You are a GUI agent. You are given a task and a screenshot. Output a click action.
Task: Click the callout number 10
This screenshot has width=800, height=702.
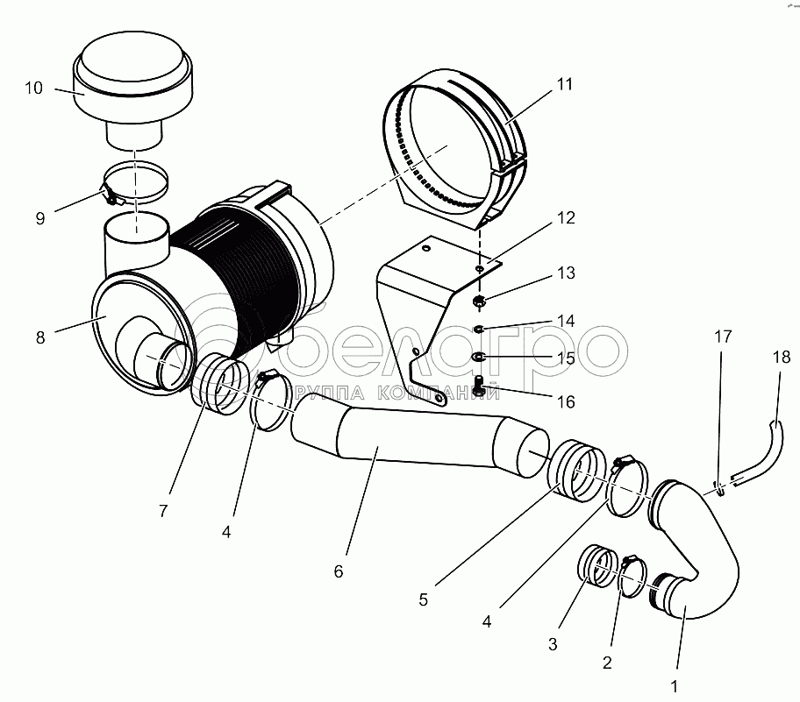click(33, 88)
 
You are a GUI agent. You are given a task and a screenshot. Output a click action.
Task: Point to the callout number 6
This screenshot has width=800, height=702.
click(339, 571)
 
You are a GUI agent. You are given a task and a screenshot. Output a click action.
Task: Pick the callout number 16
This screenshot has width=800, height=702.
click(566, 401)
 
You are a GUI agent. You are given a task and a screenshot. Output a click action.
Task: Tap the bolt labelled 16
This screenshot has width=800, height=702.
click(479, 384)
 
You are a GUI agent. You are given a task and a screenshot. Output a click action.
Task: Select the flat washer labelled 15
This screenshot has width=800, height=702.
click(479, 357)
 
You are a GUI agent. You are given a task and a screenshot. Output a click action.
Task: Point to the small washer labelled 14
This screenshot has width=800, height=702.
click(479, 330)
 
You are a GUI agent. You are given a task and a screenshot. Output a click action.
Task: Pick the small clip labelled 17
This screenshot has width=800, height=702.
click(720, 489)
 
